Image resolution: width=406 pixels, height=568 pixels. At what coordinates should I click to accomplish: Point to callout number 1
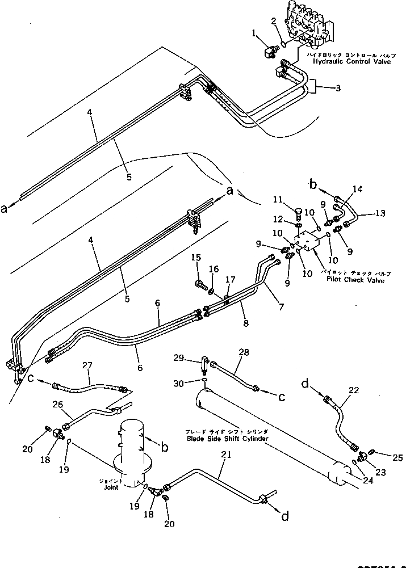click(x=253, y=33)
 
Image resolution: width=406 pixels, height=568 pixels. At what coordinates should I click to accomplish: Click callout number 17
click(x=229, y=279)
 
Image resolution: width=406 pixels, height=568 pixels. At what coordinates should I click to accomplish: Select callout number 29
click(x=179, y=357)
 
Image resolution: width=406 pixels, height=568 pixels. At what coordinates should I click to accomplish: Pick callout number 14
click(x=357, y=188)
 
